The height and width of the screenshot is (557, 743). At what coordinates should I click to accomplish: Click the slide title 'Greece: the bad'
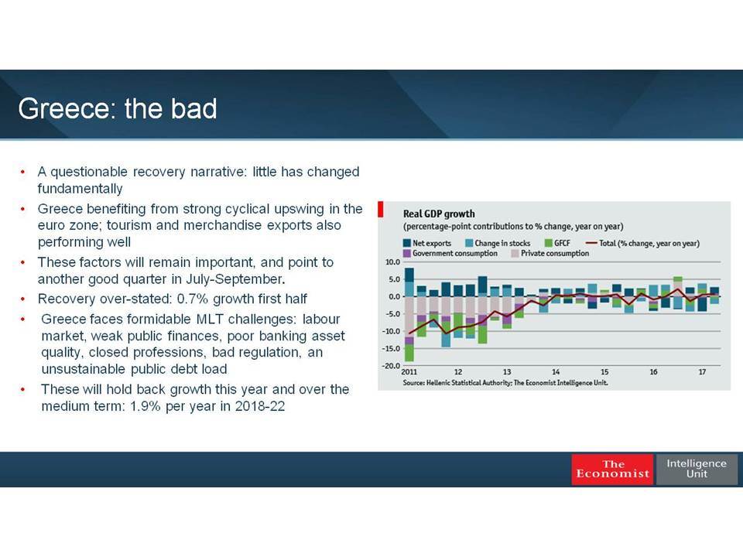(118, 108)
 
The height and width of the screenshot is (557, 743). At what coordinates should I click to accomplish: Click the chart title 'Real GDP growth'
(439, 214)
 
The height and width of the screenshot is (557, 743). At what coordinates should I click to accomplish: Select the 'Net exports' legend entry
(427, 243)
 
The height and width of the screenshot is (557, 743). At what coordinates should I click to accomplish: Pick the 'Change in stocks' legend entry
(498, 243)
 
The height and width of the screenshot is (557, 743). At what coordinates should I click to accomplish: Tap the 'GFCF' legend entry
(557, 243)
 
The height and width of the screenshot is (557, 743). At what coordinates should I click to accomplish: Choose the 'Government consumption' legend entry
(450, 254)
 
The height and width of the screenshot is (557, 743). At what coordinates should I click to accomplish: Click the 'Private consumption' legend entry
(550, 254)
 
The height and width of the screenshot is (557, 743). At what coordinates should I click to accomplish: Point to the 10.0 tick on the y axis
(393, 262)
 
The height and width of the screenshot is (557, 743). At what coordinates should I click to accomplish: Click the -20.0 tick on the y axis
(392, 366)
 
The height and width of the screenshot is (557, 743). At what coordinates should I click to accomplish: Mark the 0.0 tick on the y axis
(394, 296)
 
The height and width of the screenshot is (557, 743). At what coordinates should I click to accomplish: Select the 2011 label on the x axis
(409, 372)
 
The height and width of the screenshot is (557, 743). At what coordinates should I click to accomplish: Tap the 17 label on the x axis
(702, 372)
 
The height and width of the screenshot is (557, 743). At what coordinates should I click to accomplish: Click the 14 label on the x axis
(556, 372)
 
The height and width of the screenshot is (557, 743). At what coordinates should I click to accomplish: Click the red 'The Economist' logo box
(613, 469)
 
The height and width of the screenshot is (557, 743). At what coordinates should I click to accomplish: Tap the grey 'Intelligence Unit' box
(697, 469)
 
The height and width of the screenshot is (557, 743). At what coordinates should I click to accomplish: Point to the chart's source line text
(505, 383)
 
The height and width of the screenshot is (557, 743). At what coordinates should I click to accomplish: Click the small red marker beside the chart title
(381, 210)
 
